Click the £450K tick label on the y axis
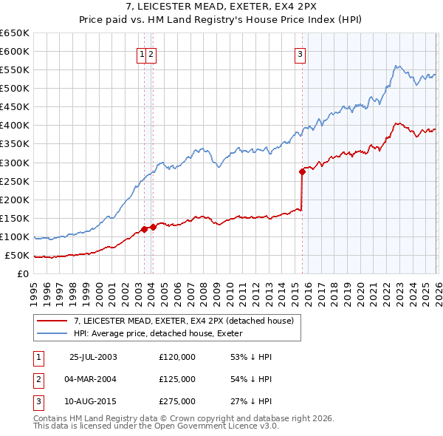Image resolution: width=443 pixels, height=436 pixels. [15, 106]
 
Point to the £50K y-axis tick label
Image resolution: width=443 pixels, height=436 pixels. [17, 255]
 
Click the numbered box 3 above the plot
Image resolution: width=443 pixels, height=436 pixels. [301, 52]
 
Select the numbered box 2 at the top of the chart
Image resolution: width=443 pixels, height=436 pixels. [151, 52]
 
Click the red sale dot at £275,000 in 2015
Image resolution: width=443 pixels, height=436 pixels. [302, 171]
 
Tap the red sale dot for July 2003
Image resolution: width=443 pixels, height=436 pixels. [145, 229]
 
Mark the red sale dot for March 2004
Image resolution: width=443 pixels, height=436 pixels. [153, 227]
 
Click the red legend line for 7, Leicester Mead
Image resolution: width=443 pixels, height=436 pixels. [52, 321]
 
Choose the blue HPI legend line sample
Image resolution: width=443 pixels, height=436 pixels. [52, 333]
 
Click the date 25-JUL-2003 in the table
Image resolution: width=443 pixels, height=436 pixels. [92, 356]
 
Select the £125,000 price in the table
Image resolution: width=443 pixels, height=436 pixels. [177, 379]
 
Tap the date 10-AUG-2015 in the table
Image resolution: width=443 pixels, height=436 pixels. [92, 402]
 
